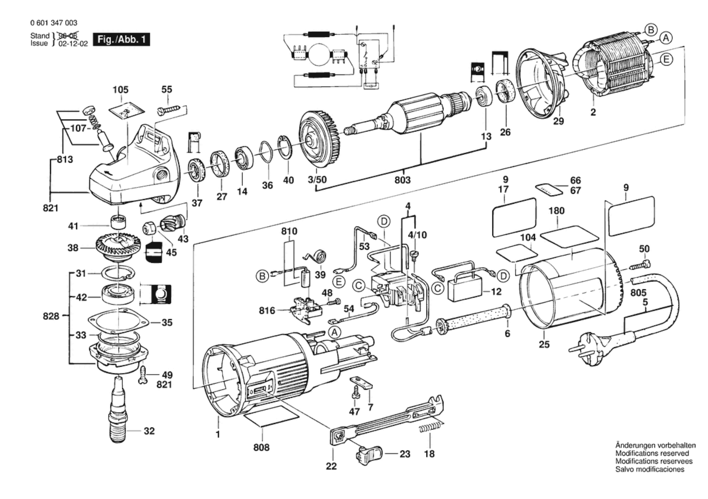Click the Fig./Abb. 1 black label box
(x=121, y=39)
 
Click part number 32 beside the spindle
(x=149, y=431)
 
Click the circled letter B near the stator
(x=650, y=30)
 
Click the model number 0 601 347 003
(x=54, y=23)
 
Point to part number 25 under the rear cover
(x=544, y=344)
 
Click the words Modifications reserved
(x=652, y=453)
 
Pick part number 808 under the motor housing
(x=261, y=447)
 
